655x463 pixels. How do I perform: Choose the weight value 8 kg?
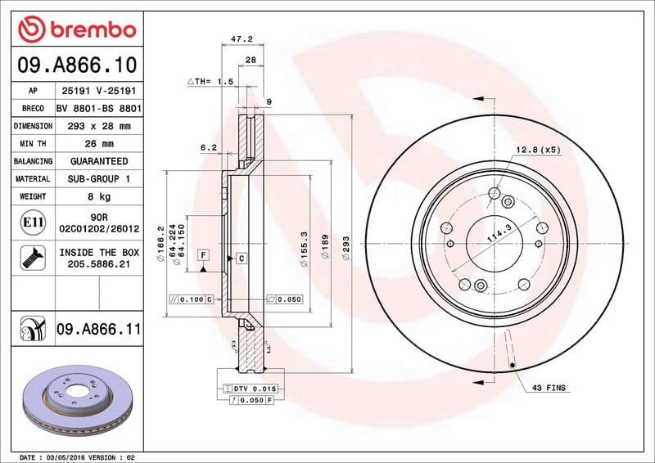pos(99,196)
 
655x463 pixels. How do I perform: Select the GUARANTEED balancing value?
pos(99,161)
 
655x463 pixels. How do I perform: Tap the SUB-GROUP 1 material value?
pos(99,178)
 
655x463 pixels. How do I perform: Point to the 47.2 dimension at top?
pos(241,38)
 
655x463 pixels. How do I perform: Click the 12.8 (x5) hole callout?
pos(538,150)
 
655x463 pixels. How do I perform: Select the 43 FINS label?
pos(549,387)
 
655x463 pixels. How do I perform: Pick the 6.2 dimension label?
pos(208,148)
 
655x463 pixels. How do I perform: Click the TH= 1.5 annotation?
pos(211,82)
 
